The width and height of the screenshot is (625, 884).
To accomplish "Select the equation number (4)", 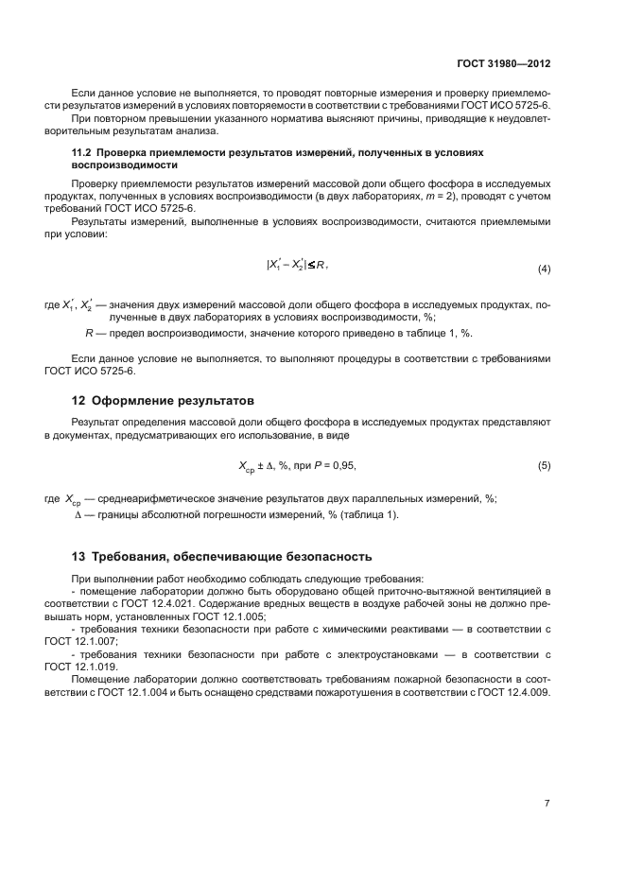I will pos(544,269).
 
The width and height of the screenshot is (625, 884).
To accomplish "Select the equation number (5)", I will pos(544,466).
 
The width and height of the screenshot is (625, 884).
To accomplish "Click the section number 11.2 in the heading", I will pos(83,151).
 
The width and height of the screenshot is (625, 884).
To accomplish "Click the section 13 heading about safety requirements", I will pos(222,556).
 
